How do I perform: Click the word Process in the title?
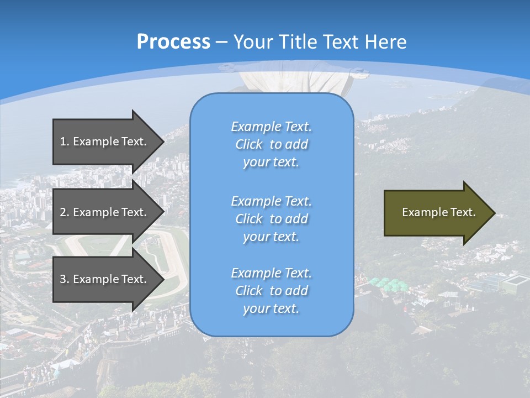173,42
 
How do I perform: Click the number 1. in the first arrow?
65,142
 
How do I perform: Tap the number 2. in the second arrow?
65,212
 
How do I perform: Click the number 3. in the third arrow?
65,279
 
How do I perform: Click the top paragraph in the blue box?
271,144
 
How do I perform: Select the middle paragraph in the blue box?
271,218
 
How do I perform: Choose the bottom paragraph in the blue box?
271,291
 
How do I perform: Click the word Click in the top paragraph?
249,144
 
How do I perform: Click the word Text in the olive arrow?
463,212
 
